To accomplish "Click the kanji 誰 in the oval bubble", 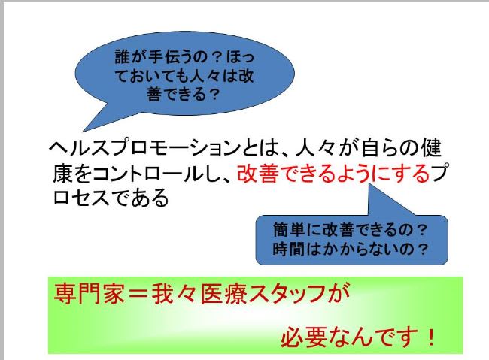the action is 123,56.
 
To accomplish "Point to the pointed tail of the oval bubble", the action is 84,131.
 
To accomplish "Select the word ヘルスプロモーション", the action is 145,147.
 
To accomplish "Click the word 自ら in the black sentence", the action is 378,147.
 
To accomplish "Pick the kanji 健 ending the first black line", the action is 431,147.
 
